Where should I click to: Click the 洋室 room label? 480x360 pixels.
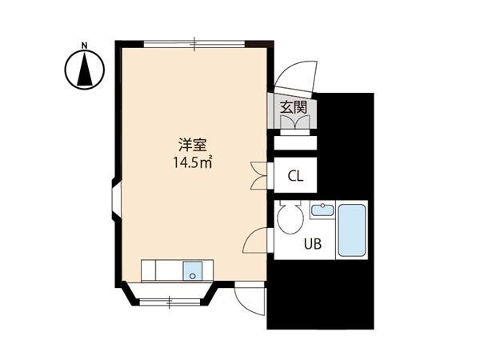193,145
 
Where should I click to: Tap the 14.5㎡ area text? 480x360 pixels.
193,162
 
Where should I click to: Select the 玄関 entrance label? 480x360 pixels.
294,107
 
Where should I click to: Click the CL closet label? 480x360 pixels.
295,176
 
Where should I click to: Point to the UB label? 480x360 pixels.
313,244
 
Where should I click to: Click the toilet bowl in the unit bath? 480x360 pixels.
290,217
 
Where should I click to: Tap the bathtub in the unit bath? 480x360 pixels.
352,230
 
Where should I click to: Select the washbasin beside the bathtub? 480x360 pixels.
322,210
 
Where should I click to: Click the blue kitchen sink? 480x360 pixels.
193,270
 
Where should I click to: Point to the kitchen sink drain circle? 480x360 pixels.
193,276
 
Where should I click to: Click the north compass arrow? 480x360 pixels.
85,69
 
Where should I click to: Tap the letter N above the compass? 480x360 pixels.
85,46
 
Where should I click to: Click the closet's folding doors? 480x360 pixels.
258,176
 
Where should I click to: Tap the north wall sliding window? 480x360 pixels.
194,44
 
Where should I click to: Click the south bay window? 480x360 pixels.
170,302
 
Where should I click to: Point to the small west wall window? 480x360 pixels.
117,199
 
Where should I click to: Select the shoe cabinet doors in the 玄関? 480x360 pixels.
294,122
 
